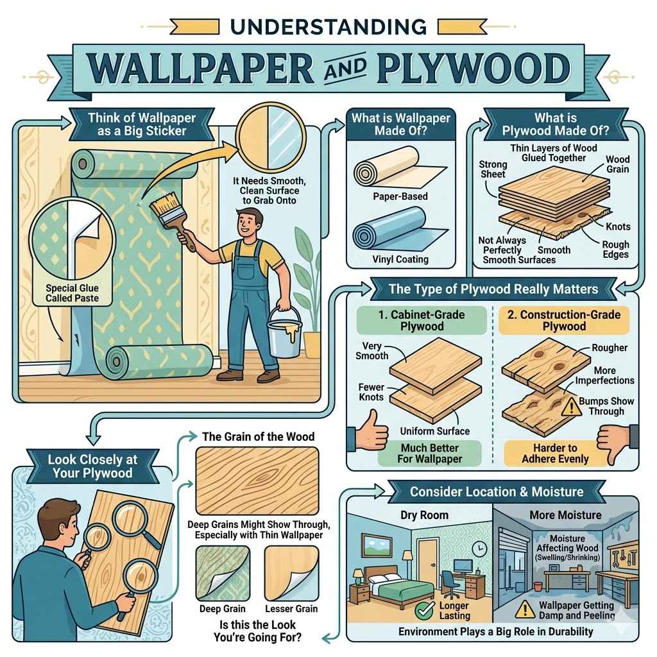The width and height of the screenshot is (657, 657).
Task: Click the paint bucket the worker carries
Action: click(x=282, y=332)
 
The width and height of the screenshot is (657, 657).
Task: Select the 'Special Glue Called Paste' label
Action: click(x=71, y=293)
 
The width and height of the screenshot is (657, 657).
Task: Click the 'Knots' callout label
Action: click(x=617, y=226)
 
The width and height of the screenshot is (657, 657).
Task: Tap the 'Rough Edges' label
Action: click(x=615, y=250)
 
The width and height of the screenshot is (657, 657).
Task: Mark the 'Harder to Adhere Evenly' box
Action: click(x=554, y=453)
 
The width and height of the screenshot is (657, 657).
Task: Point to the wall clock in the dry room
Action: click(x=479, y=549)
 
